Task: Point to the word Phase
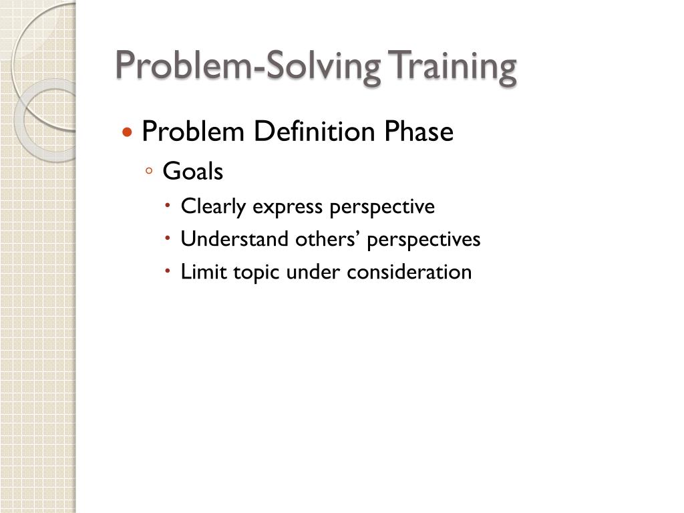coord(418,132)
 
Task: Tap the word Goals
coord(193,172)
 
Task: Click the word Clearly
coord(213,207)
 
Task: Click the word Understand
coord(235,239)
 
